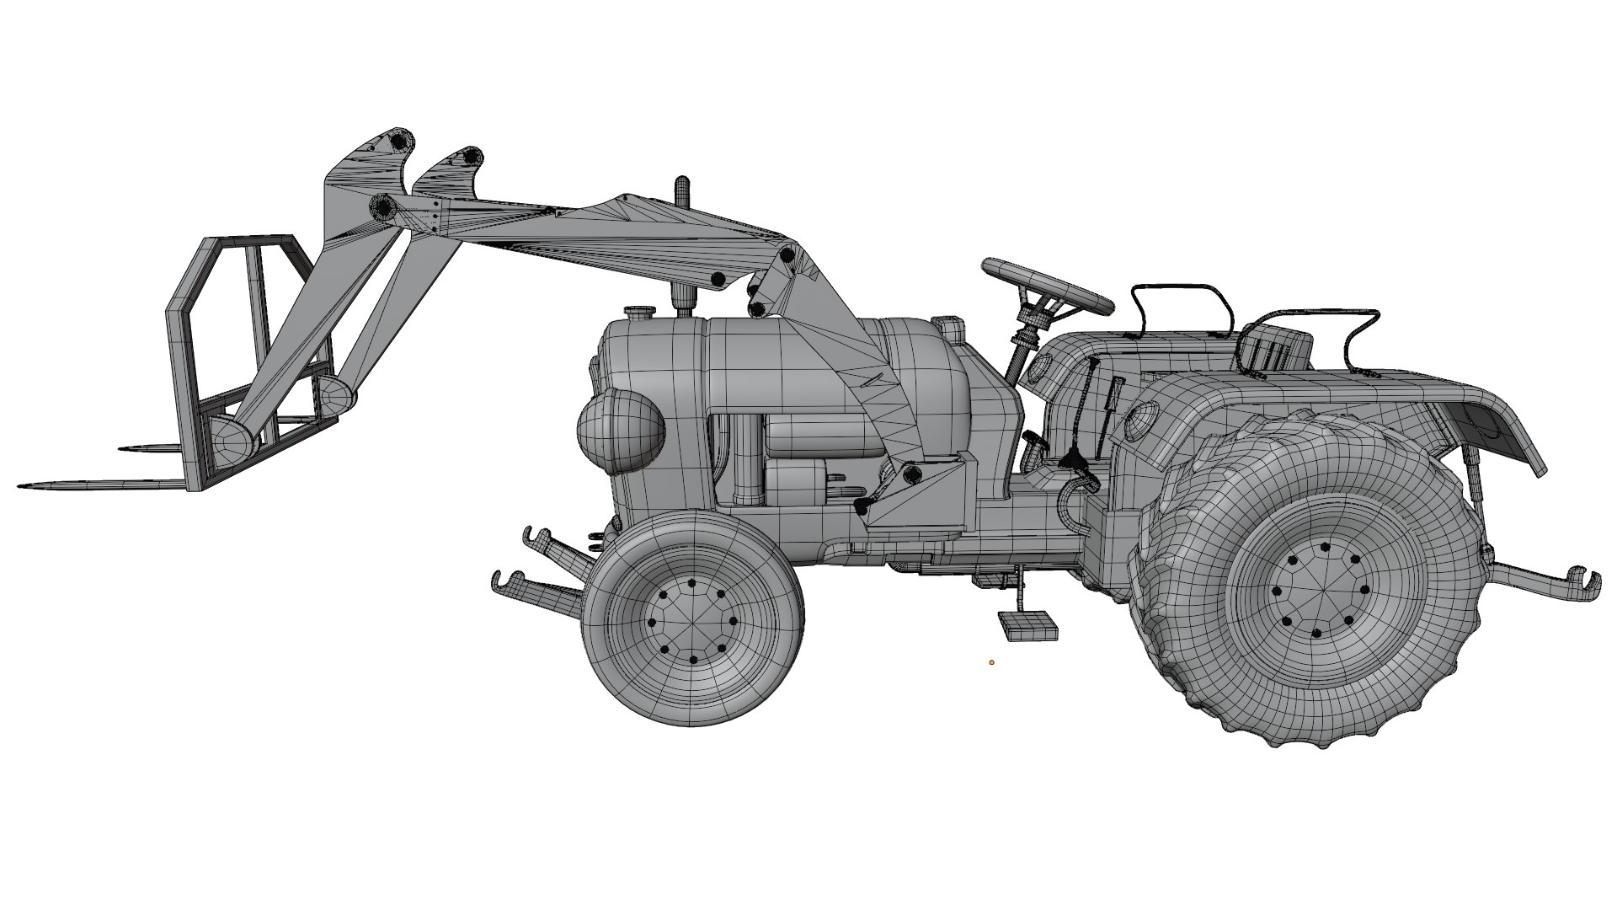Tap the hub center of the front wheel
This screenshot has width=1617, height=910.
click(x=691, y=622)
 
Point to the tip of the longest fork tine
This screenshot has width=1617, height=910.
click(x=21, y=486)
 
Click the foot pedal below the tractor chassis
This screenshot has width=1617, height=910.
click(x=1027, y=624)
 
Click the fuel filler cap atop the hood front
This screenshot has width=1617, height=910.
click(x=638, y=312)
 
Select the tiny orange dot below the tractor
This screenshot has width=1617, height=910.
click(x=992, y=662)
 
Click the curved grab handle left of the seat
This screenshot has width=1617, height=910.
click(x=1179, y=308)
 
